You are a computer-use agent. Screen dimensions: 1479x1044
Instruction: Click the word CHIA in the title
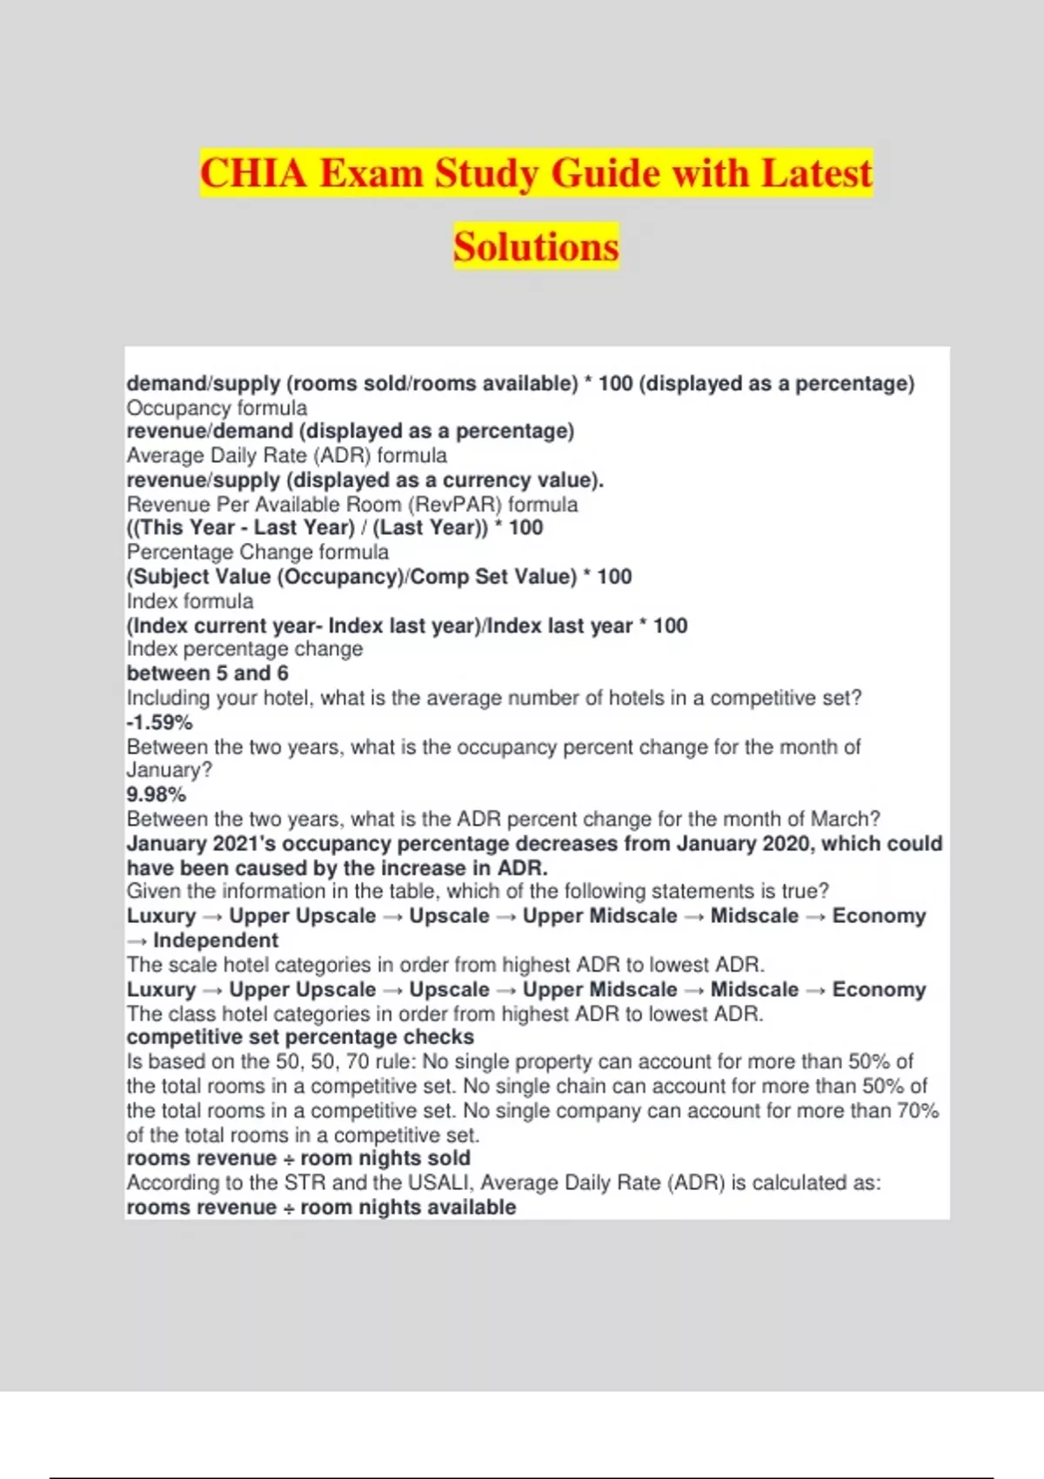pos(253,173)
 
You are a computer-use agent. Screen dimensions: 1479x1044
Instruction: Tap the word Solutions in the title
pos(536,247)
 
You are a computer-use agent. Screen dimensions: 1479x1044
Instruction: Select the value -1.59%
pos(159,722)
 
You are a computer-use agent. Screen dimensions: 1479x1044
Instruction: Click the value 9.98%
pos(157,794)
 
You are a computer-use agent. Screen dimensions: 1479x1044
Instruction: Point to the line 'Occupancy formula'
pos(217,408)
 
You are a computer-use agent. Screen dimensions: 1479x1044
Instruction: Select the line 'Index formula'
pos(190,601)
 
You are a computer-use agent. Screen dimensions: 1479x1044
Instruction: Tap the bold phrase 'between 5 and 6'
pos(207,673)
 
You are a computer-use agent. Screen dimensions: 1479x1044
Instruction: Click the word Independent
pos(216,940)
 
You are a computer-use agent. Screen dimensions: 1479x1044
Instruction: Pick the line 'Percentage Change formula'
pos(258,552)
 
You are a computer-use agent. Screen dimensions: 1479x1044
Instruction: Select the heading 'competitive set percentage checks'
pos(300,1037)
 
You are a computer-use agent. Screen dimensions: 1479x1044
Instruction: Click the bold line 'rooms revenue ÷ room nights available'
pos(321,1208)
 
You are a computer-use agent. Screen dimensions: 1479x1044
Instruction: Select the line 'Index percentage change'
pos(244,649)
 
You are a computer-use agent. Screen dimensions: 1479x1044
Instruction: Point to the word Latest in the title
pos(816,173)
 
